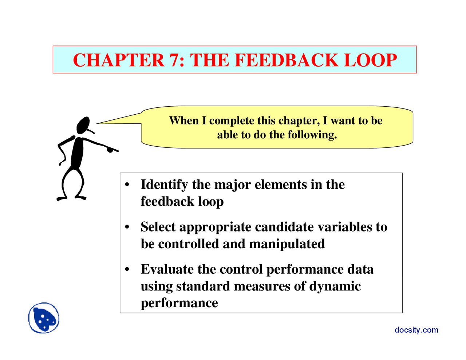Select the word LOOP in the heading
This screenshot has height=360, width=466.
tap(370, 60)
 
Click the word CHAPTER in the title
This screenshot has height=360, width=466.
tap(119, 60)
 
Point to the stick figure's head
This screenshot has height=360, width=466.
tap(83, 125)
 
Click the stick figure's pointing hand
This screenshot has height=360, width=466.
tap(111, 149)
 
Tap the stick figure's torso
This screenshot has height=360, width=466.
tap(77, 153)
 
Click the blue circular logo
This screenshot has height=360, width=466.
tap(44, 318)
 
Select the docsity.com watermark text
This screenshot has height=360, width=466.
tap(416, 330)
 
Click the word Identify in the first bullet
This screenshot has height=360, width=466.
tap(164, 185)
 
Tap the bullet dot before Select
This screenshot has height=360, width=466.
tap(127, 227)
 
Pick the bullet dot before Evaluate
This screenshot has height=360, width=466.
tap(127, 270)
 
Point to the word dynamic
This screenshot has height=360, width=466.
tap(335, 286)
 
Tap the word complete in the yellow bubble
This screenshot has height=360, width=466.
tap(232, 120)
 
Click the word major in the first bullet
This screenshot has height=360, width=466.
tap(232, 185)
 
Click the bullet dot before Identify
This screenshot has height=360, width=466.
tap(127, 185)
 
